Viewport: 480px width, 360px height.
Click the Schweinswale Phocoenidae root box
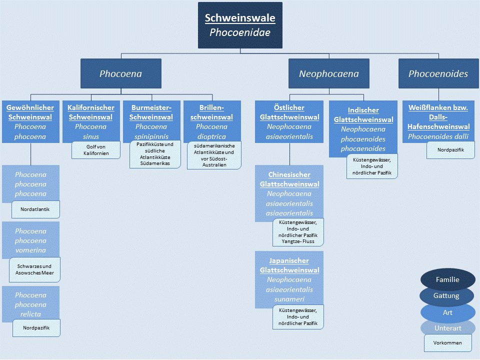(240, 25)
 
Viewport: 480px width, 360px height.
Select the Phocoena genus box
(121, 73)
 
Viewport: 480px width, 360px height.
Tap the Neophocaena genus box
(329, 73)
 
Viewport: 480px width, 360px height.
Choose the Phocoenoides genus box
(438, 73)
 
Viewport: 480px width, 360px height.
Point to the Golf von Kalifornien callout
(96, 150)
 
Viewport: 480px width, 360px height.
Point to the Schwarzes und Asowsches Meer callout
(35, 270)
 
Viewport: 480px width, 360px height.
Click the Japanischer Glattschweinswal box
(289, 277)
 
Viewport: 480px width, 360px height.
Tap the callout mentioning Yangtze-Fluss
(298, 232)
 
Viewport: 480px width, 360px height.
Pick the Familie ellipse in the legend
(447, 280)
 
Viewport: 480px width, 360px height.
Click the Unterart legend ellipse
(447, 328)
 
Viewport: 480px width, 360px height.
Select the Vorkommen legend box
(447, 343)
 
